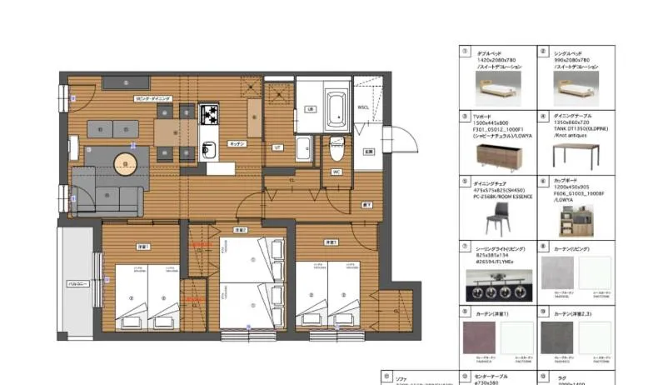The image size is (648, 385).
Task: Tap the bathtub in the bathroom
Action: [336, 108]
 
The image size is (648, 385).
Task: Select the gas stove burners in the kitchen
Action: [207, 112]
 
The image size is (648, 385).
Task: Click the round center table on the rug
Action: [124, 165]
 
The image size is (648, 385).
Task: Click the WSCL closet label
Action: [363, 107]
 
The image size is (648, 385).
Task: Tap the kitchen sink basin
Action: [209, 151]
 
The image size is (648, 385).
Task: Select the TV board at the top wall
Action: [126, 82]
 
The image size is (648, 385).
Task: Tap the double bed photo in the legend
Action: [498, 87]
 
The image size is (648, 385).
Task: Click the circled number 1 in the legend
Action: [465, 51]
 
